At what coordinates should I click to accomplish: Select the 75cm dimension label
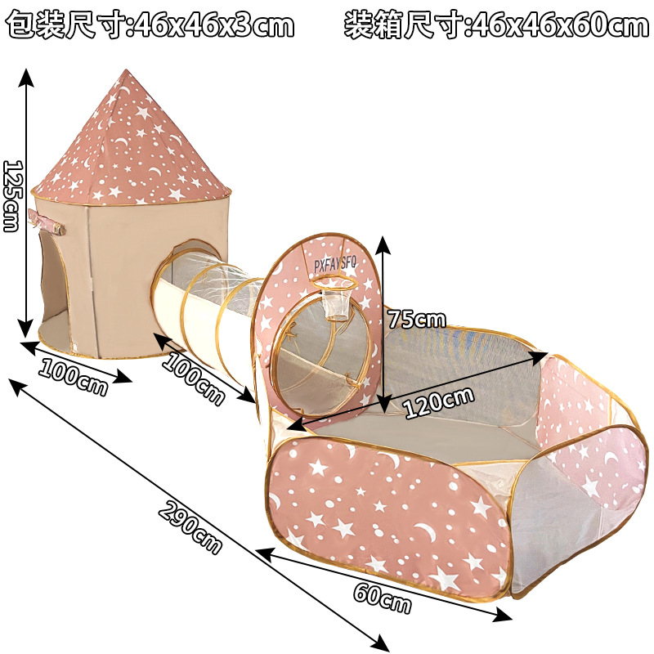[x=417, y=317]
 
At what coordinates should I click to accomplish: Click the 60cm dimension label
[x=382, y=598]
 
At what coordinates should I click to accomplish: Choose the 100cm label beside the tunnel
[x=193, y=379]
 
